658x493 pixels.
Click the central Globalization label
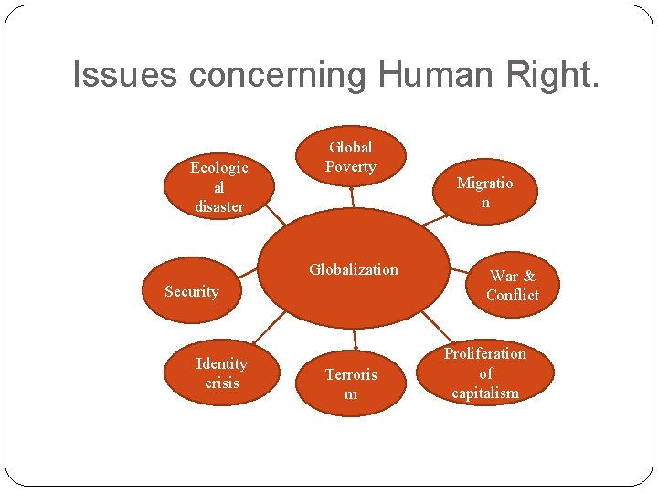(x=353, y=269)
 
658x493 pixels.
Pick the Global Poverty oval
(x=351, y=156)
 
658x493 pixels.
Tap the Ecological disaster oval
(x=218, y=186)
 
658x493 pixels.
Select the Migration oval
(x=484, y=193)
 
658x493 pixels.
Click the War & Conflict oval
(x=512, y=285)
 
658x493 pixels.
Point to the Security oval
(x=192, y=292)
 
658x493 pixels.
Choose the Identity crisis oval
(x=221, y=373)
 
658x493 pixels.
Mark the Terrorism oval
(x=351, y=384)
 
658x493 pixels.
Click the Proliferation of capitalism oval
(x=485, y=373)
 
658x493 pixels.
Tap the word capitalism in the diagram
(x=485, y=393)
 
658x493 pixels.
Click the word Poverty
(x=351, y=167)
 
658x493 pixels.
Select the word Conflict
(x=513, y=295)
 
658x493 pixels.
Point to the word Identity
(x=221, y=363)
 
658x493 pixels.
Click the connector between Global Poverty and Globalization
(x=352, y=197)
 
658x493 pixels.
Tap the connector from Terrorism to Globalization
(x=352, y=339)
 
